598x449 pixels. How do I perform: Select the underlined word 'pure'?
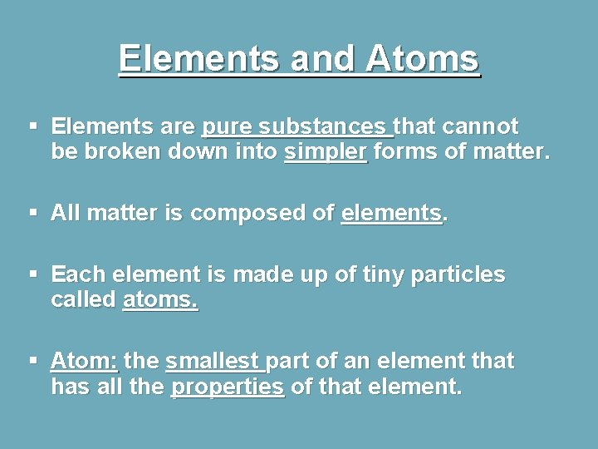(x=227, y=126)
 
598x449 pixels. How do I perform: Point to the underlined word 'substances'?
(x=323, y=126)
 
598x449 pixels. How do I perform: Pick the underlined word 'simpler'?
(x=325, y=152)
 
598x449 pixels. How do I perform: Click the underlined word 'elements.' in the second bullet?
(x=392, y=213)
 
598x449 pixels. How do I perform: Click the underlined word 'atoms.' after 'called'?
(x=159, y=300)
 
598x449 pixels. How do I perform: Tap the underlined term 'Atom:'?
(x=85, y=362)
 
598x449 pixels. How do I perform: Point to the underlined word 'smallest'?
(x=213, y=362)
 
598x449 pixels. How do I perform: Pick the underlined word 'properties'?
(x=227, y=387)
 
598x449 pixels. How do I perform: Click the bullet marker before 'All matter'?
(x=34, y=212)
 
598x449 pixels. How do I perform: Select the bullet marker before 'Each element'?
(x=34, y=273)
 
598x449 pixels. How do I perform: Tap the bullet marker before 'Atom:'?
(x=34, y=360)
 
